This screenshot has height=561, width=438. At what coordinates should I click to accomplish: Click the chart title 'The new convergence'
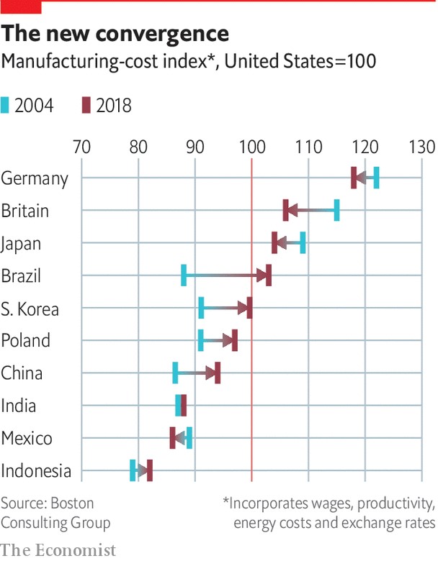pyautogui.click(x=115, y=34)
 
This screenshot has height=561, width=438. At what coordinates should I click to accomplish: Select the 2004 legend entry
pyautogui.click(x=29, y=106)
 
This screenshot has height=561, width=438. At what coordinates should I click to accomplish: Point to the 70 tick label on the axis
pyautogui.click(x=81, y=147)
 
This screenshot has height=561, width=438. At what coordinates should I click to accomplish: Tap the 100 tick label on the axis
pyautogui.click(x=251, y=147)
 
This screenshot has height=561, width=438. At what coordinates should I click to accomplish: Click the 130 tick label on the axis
pyautogui.click(x=421, y=147)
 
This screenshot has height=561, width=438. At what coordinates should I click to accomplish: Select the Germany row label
pyautogui.click(x=35, y=178)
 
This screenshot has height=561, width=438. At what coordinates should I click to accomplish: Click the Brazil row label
pyautogui.click(x=22, y=276)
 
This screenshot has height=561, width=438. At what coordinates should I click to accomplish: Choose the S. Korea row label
pyautogui.click(x=30, y=309)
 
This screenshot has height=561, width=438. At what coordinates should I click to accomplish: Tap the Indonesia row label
pyautogui.click(x=37, y=472)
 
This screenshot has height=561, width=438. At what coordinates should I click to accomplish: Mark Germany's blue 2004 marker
pyautogui.click(x=376, y=178)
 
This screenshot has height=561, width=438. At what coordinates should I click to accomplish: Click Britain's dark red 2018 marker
pyautogui.click(x=286, y=210)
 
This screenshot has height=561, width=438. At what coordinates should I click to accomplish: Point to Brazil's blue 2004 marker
pyautogui.click(x=184, y=275)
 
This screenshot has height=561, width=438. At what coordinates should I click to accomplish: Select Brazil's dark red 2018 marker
pyautogui.click(x=269, y=275)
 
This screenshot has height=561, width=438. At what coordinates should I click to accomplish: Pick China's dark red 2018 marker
pyautogui.click(x=218, y=373)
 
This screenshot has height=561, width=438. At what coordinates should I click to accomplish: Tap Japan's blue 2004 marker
pyautogui.click(x=303, y=243)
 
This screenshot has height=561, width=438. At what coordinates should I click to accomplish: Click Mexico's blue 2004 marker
pyautogui.click(x=189, y=438)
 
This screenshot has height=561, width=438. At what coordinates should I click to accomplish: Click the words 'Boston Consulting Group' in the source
pyautogui.click(x=55, y=513)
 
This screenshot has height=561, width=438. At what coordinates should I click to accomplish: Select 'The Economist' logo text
pyautogui.click(x=58, y=550)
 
